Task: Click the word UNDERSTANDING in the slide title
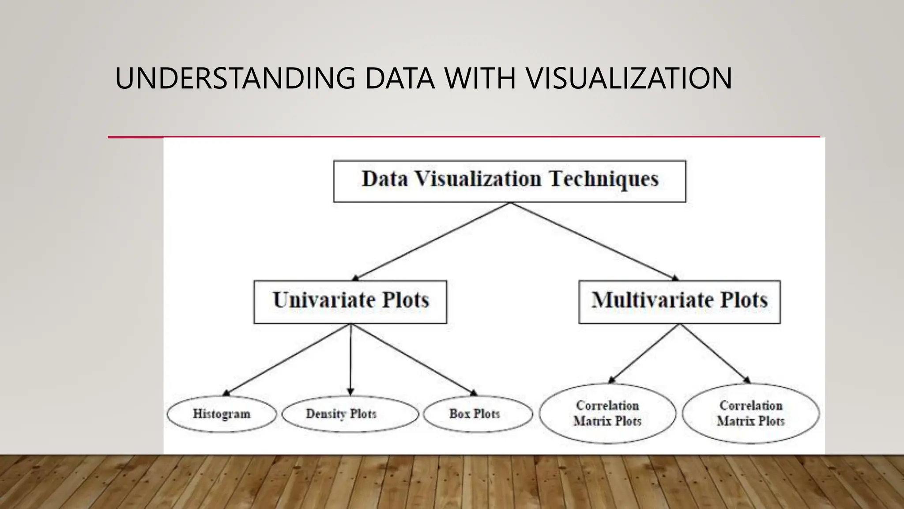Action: coord(235,79)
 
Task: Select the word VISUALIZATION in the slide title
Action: coord(629,79)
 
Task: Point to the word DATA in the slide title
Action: coord(399,79)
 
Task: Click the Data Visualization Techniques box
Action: coord(509,181)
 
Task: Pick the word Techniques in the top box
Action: coord(604,179)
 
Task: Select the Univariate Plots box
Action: coord(350,302)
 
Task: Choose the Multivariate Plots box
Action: coord(679,302)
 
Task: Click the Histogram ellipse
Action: coord(222,414)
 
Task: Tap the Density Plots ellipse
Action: coord(350,414)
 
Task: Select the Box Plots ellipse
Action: coord(478,414)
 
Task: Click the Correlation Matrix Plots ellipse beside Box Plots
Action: coord(607,414)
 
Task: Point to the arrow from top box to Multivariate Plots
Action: coord(594,241)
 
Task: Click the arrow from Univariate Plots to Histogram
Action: coord(287,360)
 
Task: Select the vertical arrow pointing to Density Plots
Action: coord(350,360)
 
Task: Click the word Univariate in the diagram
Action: coord(324,300)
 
